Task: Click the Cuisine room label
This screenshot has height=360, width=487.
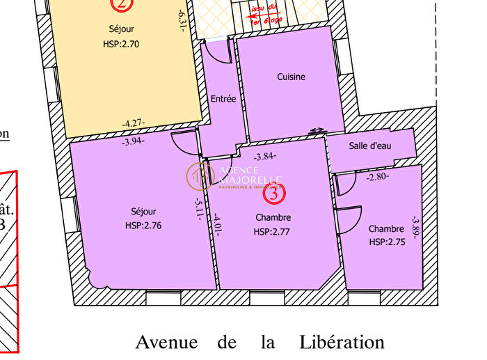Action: (x=291, y=77)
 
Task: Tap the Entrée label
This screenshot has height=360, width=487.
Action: (x=223, y=99)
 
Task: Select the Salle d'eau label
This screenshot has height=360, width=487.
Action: (x=369, y=146)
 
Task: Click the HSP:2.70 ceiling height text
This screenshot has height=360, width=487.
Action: (x=121, y=42)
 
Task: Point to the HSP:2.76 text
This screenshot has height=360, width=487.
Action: (x=143, y=225)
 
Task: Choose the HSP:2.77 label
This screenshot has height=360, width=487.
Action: (x=272, y=232)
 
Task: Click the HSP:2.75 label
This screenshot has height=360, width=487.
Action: (x=386, y=242)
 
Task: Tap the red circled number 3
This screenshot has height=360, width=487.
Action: (x=275, y=194)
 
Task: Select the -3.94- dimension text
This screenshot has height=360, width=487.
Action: (x=134, y=141)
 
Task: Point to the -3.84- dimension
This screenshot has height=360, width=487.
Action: (x=266, y=157)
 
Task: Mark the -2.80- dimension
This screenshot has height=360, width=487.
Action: (x=378, y=177)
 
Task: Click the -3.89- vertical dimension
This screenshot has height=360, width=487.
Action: (x=415, y=226)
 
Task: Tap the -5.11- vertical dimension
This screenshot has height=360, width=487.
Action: (x=199, y=208)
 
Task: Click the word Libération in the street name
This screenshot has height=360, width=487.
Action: (x=342, y=343)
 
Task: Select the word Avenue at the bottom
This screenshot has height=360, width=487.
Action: (x=166, y=343)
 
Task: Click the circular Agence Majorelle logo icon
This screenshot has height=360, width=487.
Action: (x=200, y=176)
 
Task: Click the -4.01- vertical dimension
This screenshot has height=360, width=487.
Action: (x=217, y=224)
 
